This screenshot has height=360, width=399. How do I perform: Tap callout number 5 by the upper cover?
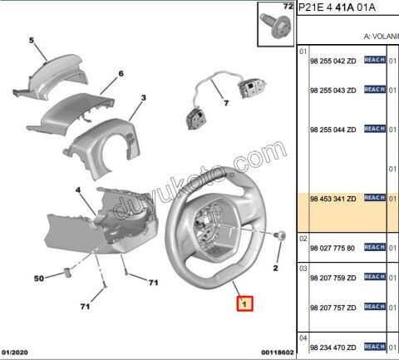click(x=32, y=40)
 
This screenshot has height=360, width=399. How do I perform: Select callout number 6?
click(x=121, y=74)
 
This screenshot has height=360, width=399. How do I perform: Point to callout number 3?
click(x=143, y=98)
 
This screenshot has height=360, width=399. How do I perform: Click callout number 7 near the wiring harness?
click(x=224, y=104)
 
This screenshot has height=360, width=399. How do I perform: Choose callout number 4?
click(x=78, y=190)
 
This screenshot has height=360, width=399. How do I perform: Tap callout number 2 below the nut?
click(x=275, y=268)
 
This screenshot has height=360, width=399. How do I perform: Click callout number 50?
click(x=38, y=279)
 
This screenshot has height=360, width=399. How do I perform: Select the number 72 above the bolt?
click(x=288, y=7)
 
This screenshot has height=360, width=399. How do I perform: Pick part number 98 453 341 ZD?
click(x=332, y=199)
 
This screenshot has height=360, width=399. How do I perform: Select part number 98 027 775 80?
click(x=332, y=248)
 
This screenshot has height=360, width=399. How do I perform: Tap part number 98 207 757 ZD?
click(x=332, y=307)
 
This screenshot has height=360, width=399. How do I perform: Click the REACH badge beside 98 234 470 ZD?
click(x=374, y=345)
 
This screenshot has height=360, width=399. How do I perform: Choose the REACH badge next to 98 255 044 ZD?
click(x=374, y=130)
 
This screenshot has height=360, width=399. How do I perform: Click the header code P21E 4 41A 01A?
click(x=337, y=7)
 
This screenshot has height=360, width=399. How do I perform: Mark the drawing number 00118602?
click(x=275, y=353)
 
